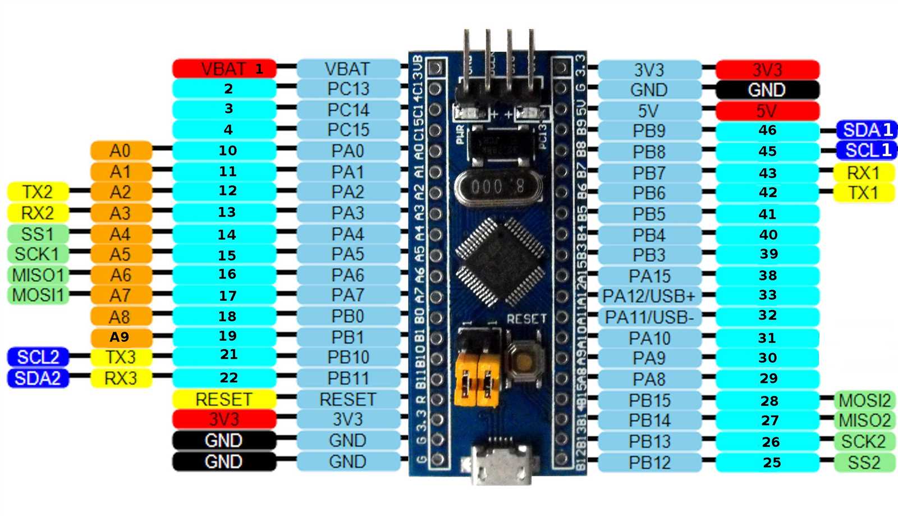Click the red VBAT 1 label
(224, 69)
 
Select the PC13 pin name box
(348, 89)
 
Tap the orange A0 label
(121, 150)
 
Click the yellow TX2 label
(38, 192)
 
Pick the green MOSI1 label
(38, 295)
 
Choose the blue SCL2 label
(38, 357)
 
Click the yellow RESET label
(224, 399)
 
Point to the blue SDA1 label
(867, 130)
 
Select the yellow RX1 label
(863, 172)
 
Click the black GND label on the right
(767, 90)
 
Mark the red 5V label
(767, 111)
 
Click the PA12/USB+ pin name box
(649, 296)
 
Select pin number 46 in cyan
(767, 131)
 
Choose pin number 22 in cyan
(228, 378)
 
